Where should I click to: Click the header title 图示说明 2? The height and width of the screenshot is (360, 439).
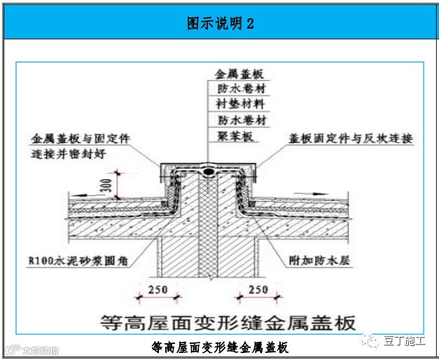pos(219,22)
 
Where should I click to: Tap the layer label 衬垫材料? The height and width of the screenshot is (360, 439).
pos(241,104)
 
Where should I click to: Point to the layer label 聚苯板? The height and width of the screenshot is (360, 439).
pos(234,135)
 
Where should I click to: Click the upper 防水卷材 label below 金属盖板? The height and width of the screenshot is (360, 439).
pos(241,88)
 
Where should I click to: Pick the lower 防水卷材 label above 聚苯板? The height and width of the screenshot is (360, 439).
pos(241,120)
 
